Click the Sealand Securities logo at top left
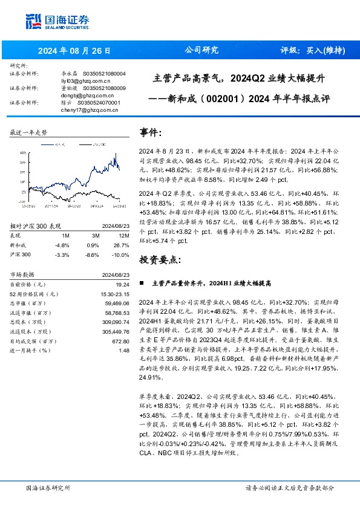coord(57,20)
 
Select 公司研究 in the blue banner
coord(201,50)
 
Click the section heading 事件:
coord(151,132)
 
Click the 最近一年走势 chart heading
coord(29,132)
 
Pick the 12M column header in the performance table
coord(124,236)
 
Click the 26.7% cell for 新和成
coord(122,245)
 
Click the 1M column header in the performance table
coord(66,236)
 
